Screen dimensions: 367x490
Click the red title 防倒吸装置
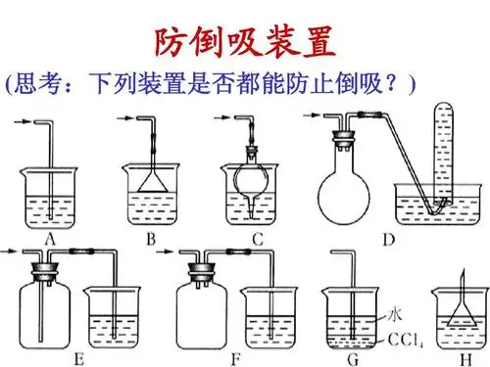point(245,42)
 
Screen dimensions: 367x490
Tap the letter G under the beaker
point(350,357)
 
